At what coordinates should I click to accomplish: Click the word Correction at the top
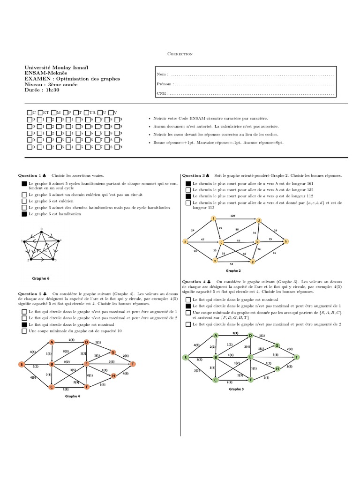[x=180, y=54]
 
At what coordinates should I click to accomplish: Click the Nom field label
[x=161, y=75]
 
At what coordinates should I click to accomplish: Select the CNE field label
[x=162, y=93]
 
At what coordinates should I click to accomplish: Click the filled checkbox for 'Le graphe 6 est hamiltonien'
[x=24, y=214]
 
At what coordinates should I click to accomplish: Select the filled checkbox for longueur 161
[x=188, y=183]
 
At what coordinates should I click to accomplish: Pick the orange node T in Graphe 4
[x=133, y=364]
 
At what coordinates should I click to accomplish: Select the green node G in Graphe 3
[x=277, y=345]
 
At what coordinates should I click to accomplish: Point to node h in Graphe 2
[x=286, y=241]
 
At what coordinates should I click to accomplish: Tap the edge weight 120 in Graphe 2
[x=232, y=216]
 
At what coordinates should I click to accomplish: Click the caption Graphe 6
[x=40, y=277]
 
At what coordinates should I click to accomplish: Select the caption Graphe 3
[x=236, y=389]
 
